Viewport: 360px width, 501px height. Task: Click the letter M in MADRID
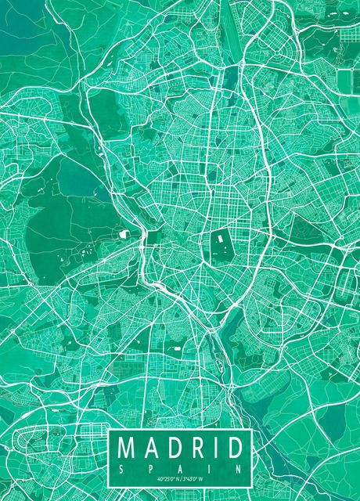click(x=128, y=449)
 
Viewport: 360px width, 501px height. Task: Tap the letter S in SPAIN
click(x=121, y=467)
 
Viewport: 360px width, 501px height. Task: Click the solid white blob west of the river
click(x=124, y=233)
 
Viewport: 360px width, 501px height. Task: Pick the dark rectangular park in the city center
click(x=218, y=247)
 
